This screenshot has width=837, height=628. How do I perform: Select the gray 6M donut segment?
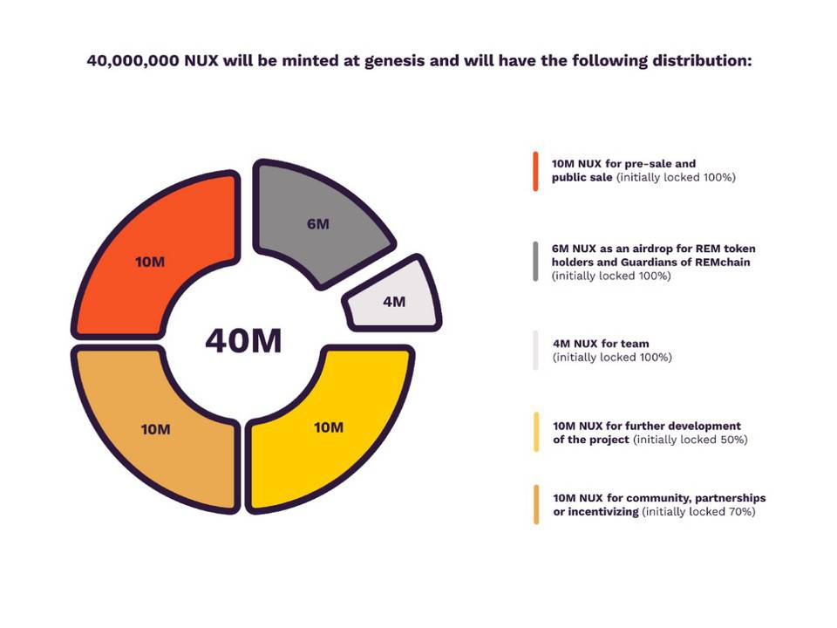click(x=318, y=224)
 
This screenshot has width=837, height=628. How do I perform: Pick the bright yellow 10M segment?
click(x=329, y=427)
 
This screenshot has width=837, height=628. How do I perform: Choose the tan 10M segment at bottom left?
click(x=155, y=429)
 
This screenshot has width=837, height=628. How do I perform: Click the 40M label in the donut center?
click(x=243, y=340)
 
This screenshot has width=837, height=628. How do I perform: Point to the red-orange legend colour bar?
click(x=535, y=170)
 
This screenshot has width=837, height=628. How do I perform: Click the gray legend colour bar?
click(x=535, y=262)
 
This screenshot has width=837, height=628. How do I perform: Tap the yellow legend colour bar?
click(x=535, y=432)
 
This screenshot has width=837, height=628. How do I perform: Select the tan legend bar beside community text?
click(x=535, y=504)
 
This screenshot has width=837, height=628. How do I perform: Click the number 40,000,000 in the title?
click(x=133, y=61)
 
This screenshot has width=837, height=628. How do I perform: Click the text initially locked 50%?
click(x=690, y=440)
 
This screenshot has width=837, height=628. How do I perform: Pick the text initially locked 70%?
click(x=698, y=512)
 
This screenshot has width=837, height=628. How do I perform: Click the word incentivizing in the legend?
click(x=602, y=512)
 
